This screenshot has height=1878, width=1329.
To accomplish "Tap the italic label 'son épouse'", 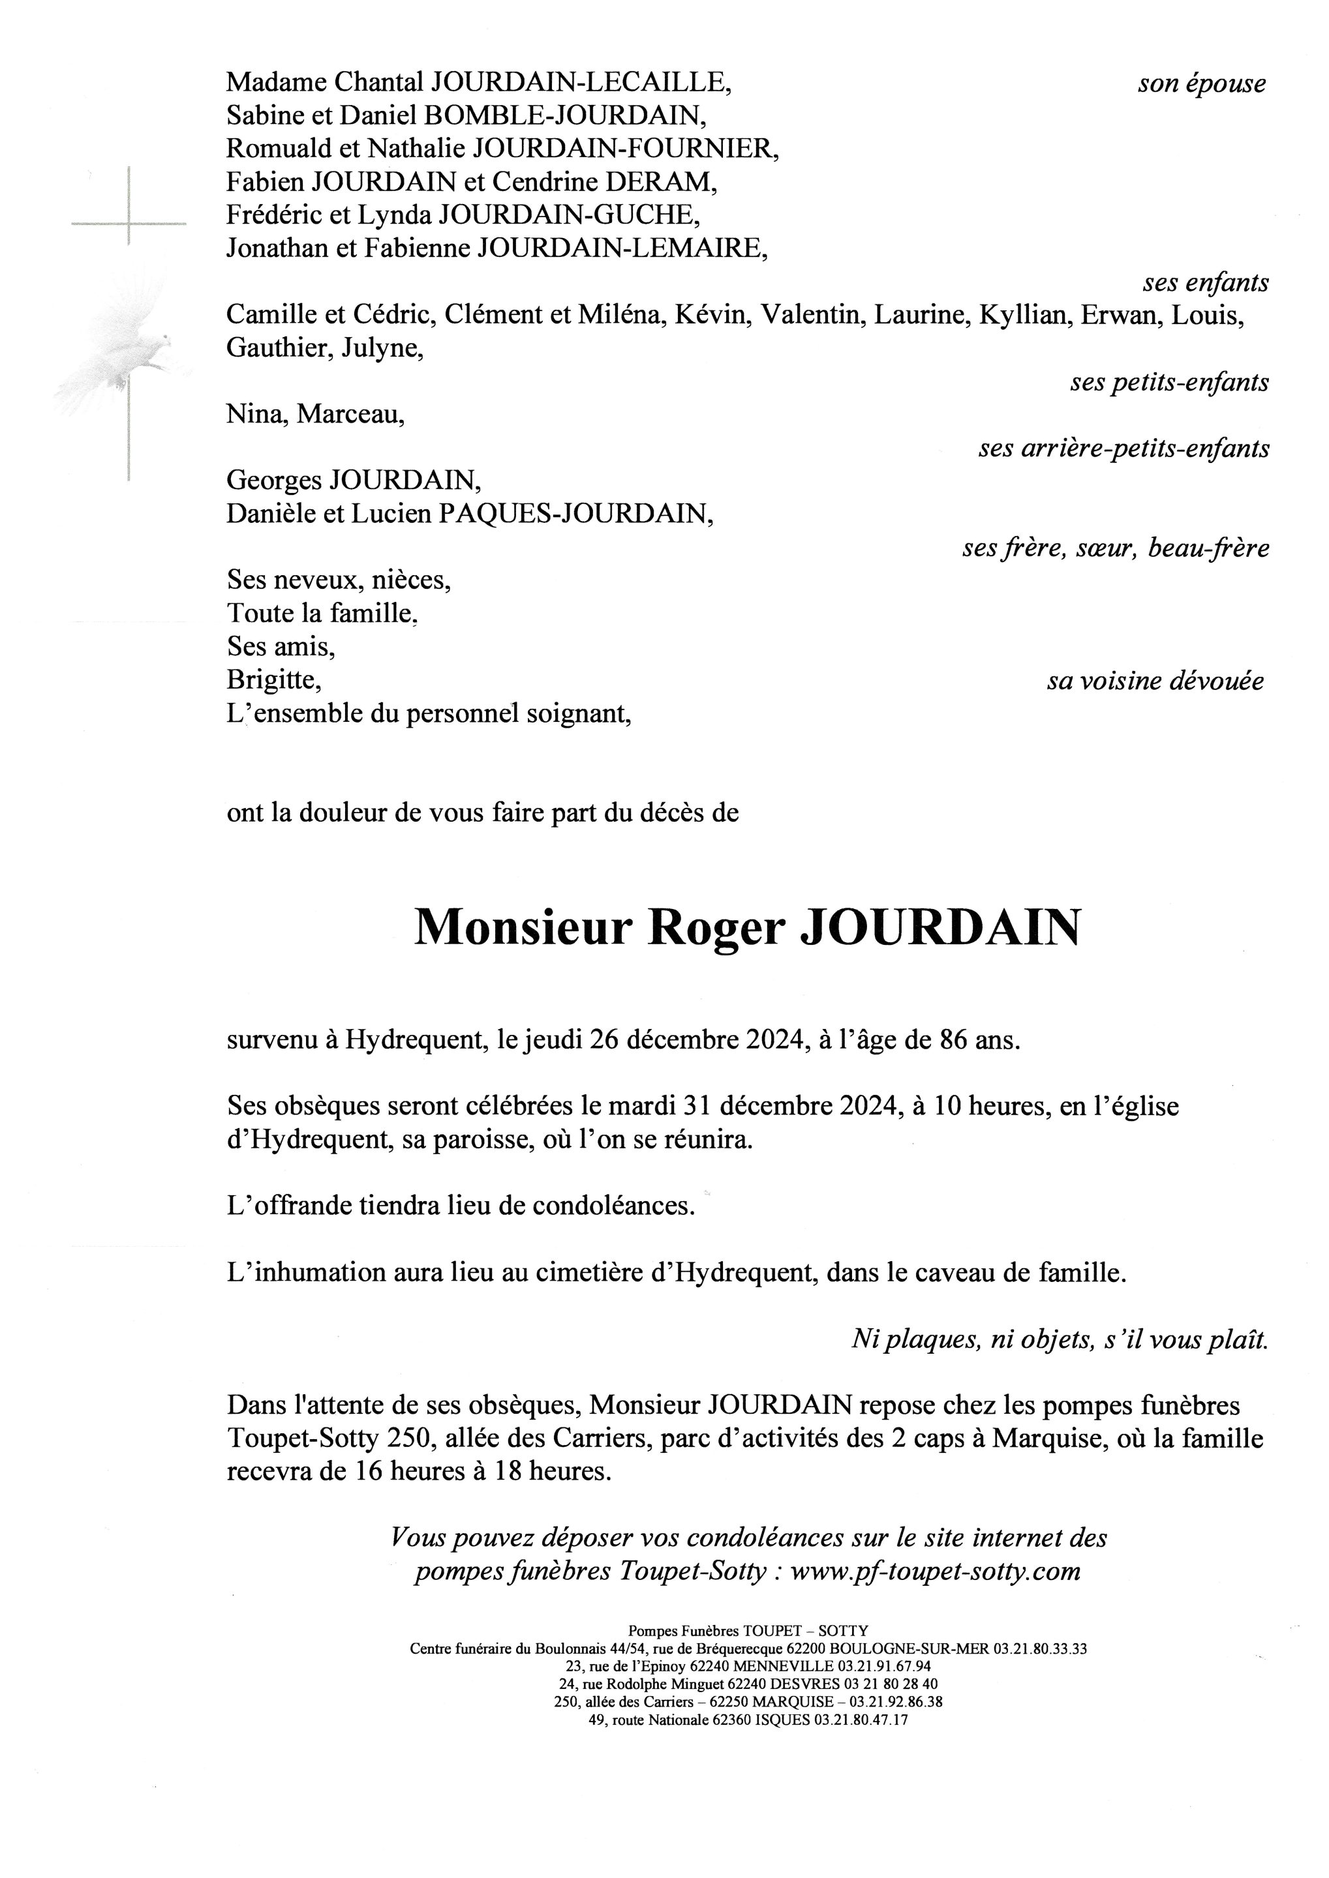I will [x=1200, y=83].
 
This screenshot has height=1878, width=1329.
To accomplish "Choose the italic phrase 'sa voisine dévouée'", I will [x=1155, y=681].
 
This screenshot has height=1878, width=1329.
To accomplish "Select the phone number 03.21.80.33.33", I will [x=1040, y=1648].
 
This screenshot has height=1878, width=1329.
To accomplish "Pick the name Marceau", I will [x=350, y=415].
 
